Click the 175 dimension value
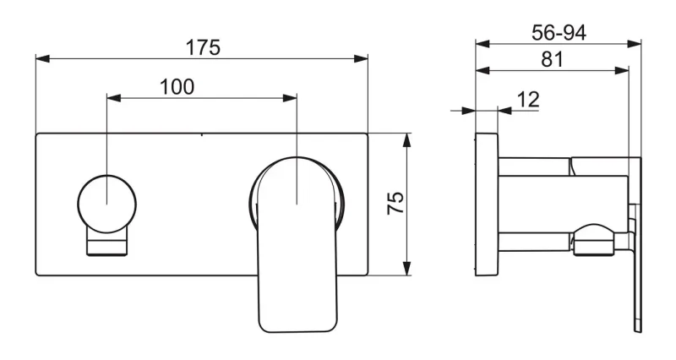[203, 47]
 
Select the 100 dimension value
[177, 87]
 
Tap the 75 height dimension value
[395, 203]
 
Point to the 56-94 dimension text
[559, 32]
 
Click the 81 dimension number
[553, 59]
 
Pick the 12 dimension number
[528, 100]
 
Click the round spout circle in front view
[107, 204]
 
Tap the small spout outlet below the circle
[107, 243]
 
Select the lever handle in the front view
[297, 244]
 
